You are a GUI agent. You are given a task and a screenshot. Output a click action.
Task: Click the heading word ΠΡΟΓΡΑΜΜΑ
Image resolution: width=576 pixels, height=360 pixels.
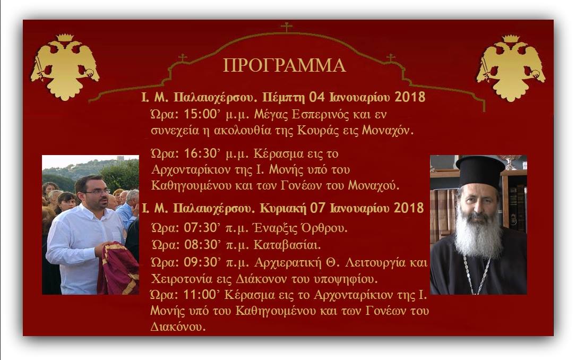click(285, 65)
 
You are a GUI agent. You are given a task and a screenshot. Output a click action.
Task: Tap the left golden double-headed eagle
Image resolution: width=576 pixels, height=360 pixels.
click(65, 67)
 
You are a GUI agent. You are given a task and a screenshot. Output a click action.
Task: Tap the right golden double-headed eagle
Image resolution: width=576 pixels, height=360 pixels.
click(511, 68)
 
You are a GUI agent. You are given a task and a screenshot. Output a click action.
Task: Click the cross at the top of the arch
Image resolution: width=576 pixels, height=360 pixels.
click(287, 27)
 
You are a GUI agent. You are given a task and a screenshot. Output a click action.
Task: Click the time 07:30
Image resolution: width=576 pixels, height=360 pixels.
click(201, 228)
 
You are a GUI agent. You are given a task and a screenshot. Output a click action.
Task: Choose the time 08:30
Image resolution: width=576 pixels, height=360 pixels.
click(201, 245)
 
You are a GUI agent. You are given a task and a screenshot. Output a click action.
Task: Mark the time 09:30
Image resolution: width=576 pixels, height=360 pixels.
click(201, 262)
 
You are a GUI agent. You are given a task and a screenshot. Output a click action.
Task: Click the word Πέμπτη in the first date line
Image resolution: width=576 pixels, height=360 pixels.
click(283, 97)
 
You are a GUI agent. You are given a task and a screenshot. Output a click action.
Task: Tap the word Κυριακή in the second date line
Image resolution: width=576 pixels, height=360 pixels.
click(283, 209)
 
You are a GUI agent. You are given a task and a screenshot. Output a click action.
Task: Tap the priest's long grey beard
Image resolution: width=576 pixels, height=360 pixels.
click(478, 235)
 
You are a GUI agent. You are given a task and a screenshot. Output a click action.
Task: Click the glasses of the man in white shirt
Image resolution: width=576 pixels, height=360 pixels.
click(96, 192)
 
